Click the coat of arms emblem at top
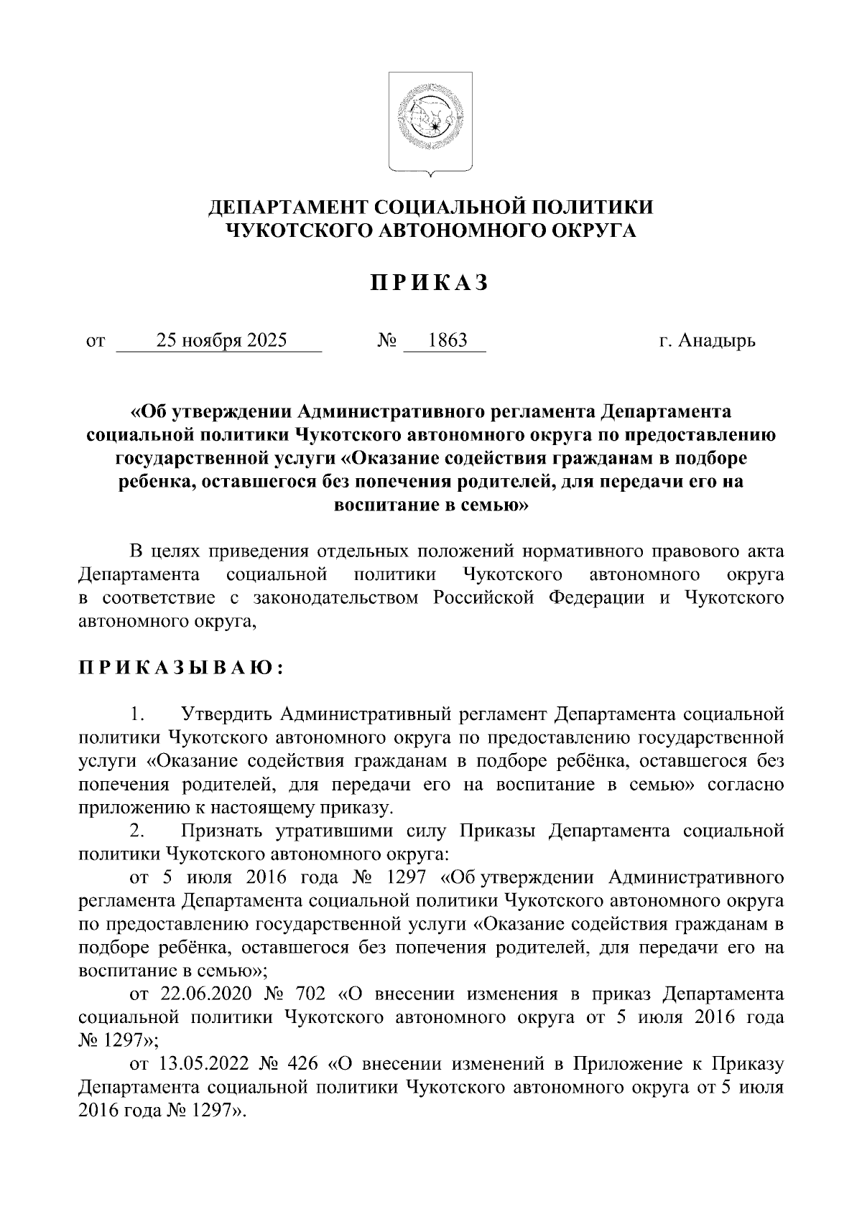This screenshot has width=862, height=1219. pyautogui.click(x=430, y=123)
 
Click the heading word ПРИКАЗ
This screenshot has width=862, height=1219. pyautogui.click(x=430, y=284)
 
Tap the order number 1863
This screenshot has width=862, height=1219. pyautogui.click(x=447, y=340)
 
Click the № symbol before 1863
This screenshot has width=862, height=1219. pyautogui.click(x=387, y=340)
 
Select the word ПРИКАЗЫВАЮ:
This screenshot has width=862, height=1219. pyautogui.click(x=180, y=668)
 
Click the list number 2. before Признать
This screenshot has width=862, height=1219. pyautogui.click(x=138, y=831)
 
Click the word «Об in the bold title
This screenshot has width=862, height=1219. pyautogui.click(x=148, y=412)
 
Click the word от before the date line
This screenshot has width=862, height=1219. pyautogui.click(x=94, y=340)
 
